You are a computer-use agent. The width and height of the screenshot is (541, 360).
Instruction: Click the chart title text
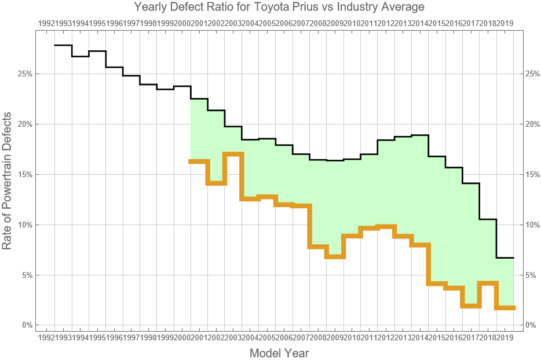click(x=279, y=7)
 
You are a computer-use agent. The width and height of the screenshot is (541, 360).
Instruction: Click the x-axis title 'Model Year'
click(x=279, y=352)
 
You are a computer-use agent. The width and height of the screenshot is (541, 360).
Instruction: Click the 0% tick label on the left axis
click(x=27, y=325)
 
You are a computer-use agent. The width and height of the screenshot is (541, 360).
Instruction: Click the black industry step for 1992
click(x=63, y=45)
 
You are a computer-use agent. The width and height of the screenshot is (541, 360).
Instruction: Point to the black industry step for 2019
click(x=505, y=258)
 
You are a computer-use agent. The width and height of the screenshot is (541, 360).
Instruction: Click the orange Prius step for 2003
click(x=233, y=154)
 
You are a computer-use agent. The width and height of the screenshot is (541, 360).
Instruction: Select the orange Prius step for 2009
click(x=335, y=256)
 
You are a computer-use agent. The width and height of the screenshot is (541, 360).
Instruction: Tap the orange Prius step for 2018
click(x=488, y=283)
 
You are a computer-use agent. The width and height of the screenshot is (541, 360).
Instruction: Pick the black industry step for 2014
click(x=420, y=135)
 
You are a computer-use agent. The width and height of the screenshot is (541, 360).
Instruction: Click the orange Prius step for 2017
click(x=471, y=306)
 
